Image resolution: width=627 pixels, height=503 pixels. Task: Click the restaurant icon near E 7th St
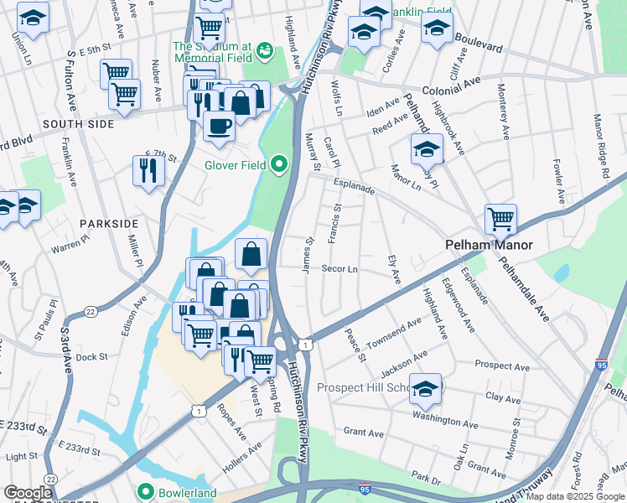[x=148, y=171]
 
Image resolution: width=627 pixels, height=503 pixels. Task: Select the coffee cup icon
[x=219, y=126]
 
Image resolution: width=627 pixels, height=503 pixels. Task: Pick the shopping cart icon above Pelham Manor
[x=500, y=219]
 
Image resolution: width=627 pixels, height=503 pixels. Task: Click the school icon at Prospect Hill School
[x=426, y=387]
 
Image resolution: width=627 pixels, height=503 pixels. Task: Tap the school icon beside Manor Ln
[x=427, y=150]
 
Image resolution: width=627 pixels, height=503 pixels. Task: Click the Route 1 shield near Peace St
[x=308, y=345]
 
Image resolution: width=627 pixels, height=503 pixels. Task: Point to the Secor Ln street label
[x=340, y=269]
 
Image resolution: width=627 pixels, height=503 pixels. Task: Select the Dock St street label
[x=92, y=356]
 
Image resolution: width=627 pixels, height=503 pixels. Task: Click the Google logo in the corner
[x=28, y=493]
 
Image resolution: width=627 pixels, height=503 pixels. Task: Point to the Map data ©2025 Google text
[x=575, y=496]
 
